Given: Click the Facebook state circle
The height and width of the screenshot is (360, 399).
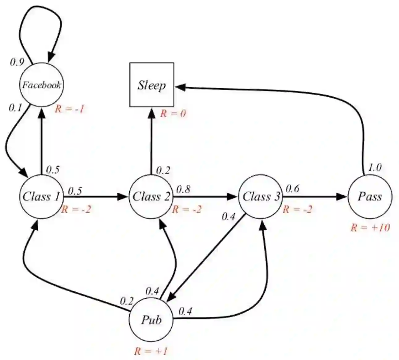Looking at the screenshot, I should (x=41, y=85).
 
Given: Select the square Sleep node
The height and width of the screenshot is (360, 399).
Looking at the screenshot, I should (x=152, y=85).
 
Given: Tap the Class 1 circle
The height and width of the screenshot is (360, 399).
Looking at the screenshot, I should (x=41, y=197).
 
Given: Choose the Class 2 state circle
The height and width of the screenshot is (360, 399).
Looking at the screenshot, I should (x=151, y=197).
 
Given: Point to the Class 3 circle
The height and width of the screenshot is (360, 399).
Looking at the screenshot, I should (x=261, y=197).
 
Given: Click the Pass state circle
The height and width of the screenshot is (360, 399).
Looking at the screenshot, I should (x=370, y=197).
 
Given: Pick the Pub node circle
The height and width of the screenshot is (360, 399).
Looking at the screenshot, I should (x=151, y=320).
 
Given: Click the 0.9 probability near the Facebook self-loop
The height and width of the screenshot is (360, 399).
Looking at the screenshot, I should (x=17, y=62).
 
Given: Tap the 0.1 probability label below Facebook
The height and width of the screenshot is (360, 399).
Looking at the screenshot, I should (x=15, y=108).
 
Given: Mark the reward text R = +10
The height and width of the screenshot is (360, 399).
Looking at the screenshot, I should (x=370, y=228).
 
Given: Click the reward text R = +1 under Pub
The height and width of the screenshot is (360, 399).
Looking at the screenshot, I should (x=151, y=351).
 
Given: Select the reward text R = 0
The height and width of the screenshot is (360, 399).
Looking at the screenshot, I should (x=173, y=114).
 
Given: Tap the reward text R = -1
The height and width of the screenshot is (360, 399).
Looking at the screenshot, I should (x=69, y=109).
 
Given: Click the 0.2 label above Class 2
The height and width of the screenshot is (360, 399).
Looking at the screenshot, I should (x=163, y=170).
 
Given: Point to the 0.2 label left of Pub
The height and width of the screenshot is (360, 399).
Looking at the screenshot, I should (x=127, y=300).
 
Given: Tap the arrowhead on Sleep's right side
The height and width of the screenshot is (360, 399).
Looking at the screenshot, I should (x=181, y=87).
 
